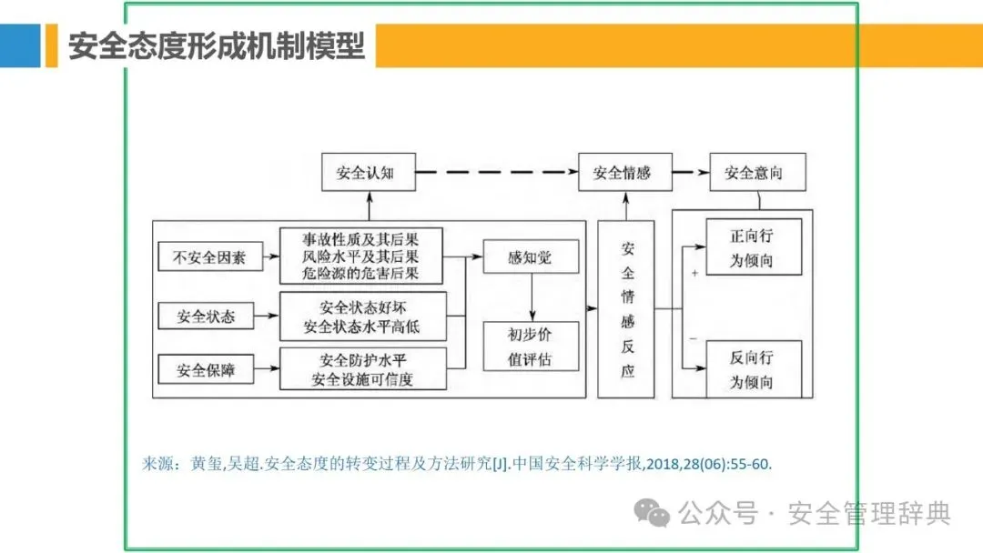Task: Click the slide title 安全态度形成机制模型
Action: pos(217,45)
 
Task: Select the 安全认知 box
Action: pos(369,172)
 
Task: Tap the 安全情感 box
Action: pos(625,172)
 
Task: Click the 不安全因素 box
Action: pos(209,257)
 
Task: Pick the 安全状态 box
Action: pos(206,316)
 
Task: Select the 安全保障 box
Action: pos(206,370)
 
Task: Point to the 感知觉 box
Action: pos(530,257)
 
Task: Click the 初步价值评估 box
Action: pos(530,346)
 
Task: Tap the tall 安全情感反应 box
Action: pos(627,309)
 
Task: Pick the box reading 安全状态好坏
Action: pos(361,316)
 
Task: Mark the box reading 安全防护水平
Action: pos(361,368)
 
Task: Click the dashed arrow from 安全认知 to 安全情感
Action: pos(497,172)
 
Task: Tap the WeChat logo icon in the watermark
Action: pos(653,512)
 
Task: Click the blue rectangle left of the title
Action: pos(20,45)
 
